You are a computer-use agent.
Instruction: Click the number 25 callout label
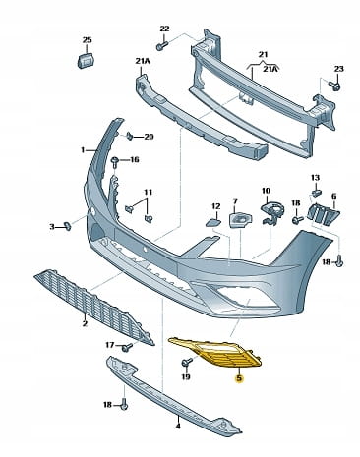point(87,40)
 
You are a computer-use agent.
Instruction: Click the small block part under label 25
point(86,61)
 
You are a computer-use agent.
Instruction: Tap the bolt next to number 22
point(162,45)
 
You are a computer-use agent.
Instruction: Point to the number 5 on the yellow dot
point(239,378)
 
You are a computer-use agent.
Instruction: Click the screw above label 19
point(187,363)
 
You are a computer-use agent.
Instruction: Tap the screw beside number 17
point(127,347)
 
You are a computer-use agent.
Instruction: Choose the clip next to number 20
point(130,136)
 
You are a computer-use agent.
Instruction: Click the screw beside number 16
point(115,162)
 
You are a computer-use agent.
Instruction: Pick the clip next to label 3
point(68,226)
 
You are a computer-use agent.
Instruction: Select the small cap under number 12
point(212,222)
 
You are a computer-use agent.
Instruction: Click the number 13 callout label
point(315,178)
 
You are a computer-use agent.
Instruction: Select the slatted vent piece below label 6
point(323,214)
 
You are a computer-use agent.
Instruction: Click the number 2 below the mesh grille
point(85,323)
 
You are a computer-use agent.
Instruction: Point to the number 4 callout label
point(178,427)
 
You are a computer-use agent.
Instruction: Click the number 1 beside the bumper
point(83,150)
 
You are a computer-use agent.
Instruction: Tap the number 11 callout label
point(149,192)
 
